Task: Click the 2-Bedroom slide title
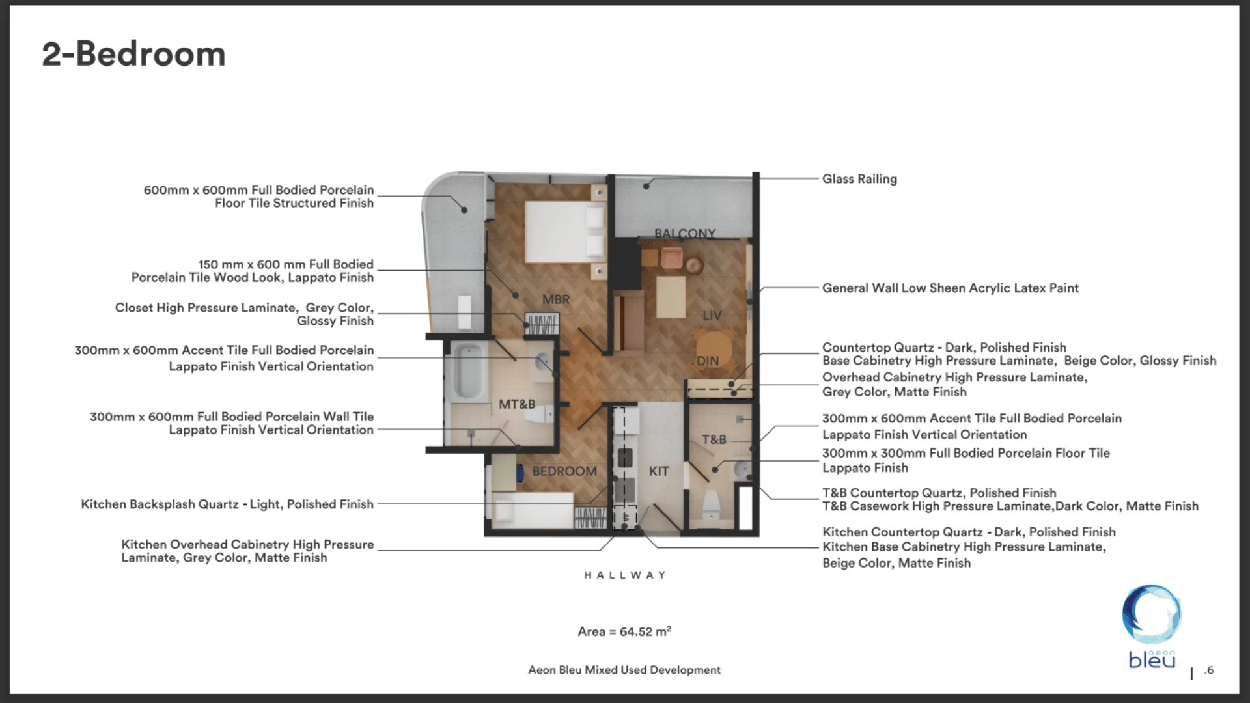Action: [133, 54]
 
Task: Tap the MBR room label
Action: [555, 299]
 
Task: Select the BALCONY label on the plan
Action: [684, 233]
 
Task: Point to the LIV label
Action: [712, 315]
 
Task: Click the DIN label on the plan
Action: [708, 361]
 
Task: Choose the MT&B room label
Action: [517, 404]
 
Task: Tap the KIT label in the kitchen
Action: [658, 471]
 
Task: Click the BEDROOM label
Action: [564, 471]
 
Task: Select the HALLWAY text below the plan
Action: [624, 575]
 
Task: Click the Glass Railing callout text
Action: [859, 179]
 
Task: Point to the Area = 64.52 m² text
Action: [624, 631]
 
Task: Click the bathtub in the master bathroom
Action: [469, 371]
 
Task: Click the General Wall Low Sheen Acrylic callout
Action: [950, 288]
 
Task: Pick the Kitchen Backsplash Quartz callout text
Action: [227, 504]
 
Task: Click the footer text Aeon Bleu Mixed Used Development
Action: [624, 670]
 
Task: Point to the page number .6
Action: [1209, 670]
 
